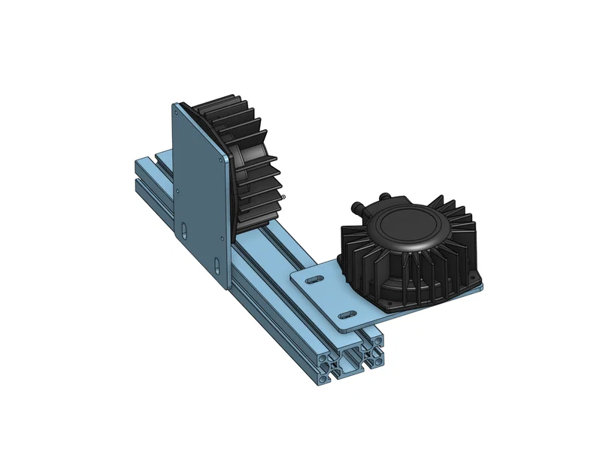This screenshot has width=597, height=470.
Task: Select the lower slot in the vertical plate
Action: pos(217,265)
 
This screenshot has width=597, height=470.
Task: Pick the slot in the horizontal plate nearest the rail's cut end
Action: pos(348,313)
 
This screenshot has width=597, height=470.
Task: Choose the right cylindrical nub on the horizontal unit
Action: pos(384,196)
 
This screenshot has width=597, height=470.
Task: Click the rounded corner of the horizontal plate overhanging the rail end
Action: pos(344,329)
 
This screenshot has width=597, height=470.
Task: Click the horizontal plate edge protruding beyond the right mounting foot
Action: pos(479,288)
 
